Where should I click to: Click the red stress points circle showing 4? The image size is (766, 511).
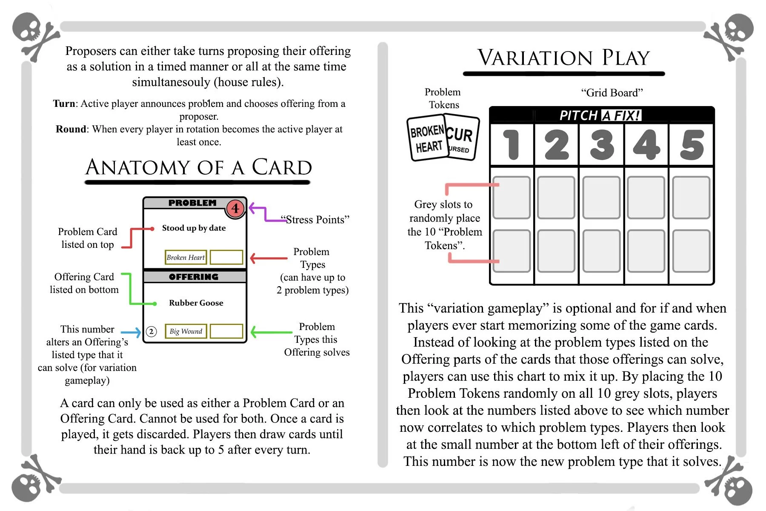[x=235, y=208]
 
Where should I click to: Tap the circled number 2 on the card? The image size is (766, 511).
[x=151, y=331]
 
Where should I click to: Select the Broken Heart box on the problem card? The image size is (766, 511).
[x=186, y=257]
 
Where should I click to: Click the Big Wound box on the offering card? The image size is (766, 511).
[x=186, y=331]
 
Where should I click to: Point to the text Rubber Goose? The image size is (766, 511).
[x=196, y=303]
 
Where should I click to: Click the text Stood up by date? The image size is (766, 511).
[x=194, y=228]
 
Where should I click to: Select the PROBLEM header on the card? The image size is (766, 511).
[x=192, y=203]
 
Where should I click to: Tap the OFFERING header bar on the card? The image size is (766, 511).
[x=194, y=277]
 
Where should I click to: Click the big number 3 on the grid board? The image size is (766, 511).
[x=602, y=145]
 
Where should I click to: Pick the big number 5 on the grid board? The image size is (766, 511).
[x=692, y=145]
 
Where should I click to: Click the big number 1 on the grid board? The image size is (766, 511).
[x=512, y=145]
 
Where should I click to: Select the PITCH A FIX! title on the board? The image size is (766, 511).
[x=600, y=115]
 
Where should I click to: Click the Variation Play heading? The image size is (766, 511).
[x=563, y=58]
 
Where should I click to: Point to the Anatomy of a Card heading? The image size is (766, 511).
[x=198, y=167]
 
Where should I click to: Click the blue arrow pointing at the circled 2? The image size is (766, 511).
[x=131, y=332]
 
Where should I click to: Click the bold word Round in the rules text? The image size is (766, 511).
[x=71, y=129]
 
